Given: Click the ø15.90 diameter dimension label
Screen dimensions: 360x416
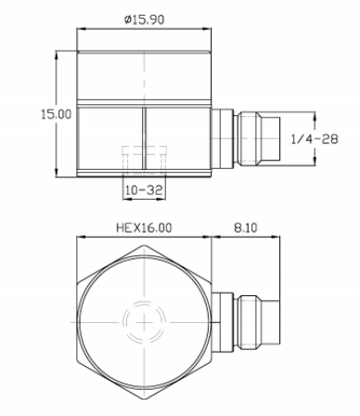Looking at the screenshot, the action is click(144, 19).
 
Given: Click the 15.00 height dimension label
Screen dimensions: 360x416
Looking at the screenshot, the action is click(57, 114).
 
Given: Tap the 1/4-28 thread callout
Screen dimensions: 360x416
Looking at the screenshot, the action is click(315, 139).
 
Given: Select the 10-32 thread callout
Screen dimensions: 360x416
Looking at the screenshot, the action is click(144, 189).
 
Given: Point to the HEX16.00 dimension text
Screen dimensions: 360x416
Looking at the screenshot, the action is click(144, 227).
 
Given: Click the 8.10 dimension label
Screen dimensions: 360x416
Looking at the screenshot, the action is click(246, 227).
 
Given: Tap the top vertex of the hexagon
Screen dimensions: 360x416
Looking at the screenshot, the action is click(144, 245).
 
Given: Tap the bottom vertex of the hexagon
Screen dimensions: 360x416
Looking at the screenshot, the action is click(144, 399).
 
